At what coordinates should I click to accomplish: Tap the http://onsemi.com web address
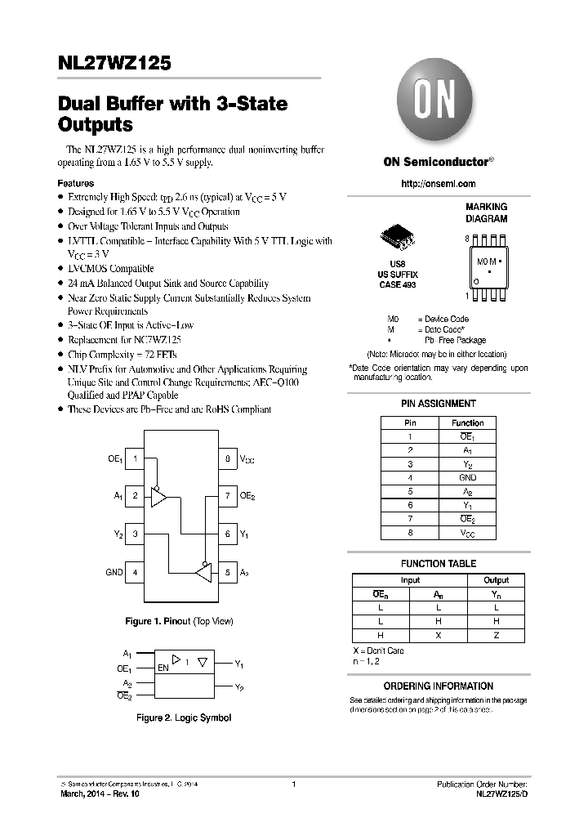pos(438,184)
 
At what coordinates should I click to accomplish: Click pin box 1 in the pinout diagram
pos(135,459)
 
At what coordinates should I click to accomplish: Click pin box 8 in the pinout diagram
pos(227,459)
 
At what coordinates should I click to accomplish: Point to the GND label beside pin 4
pos(114,572)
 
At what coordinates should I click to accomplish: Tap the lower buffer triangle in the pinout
pos(203,572)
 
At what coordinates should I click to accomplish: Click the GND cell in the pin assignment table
pos(467,478)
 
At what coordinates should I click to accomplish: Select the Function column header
pos(467,422)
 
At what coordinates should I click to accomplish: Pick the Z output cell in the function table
pos(496,635)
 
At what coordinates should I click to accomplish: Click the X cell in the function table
pos(439,635)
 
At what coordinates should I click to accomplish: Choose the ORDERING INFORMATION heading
pos(439,686)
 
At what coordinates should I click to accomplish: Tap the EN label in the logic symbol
pos(163,668)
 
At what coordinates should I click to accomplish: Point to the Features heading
pos(75,184)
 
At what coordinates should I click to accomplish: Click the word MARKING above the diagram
pos(486,208)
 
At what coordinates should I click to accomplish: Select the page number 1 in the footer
pos(293,785)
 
